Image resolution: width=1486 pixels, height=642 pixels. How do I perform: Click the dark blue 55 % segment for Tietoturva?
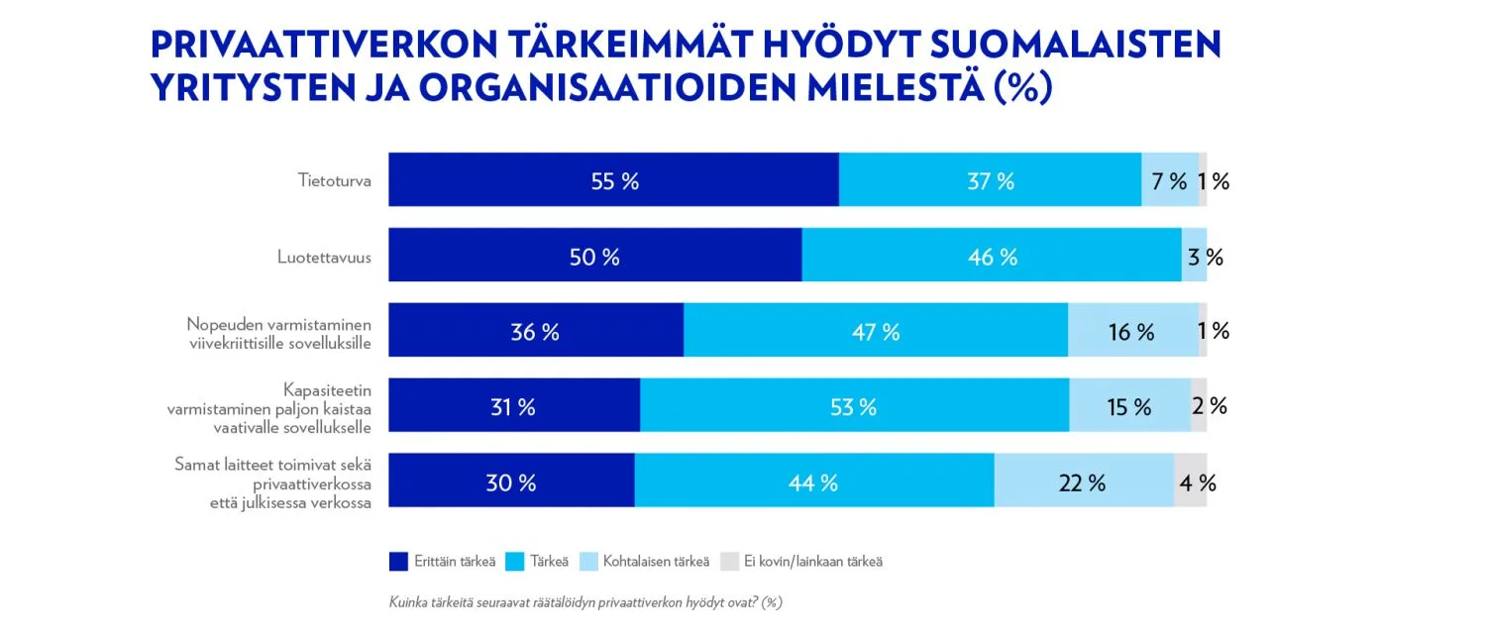614,180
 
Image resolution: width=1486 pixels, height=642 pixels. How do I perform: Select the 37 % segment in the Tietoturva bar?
990,180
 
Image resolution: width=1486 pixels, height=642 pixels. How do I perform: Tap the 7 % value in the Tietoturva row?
1169,181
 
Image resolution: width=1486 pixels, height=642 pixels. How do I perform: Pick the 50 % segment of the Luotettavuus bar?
594,256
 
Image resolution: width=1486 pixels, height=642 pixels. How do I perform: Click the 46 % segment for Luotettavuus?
992,256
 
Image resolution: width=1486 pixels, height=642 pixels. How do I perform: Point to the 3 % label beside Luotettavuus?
1205,257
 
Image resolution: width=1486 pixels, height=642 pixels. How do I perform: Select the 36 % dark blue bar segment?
535,331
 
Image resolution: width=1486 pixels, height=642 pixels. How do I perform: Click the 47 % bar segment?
876,331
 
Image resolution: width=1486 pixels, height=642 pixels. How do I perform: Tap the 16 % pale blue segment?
1131,331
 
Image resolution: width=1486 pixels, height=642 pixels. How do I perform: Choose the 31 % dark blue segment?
513,406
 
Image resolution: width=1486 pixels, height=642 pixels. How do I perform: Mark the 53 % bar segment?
854,406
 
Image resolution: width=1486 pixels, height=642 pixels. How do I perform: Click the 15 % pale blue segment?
1129,406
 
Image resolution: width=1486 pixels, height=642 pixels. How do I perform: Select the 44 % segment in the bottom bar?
814,481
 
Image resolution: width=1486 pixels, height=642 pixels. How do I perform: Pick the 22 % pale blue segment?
1084,481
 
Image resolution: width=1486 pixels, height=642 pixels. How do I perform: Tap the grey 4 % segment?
1191,481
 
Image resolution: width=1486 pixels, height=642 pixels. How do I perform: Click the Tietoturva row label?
335,180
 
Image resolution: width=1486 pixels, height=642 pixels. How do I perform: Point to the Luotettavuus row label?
324,257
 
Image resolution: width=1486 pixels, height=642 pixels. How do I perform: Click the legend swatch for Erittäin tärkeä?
398,562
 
